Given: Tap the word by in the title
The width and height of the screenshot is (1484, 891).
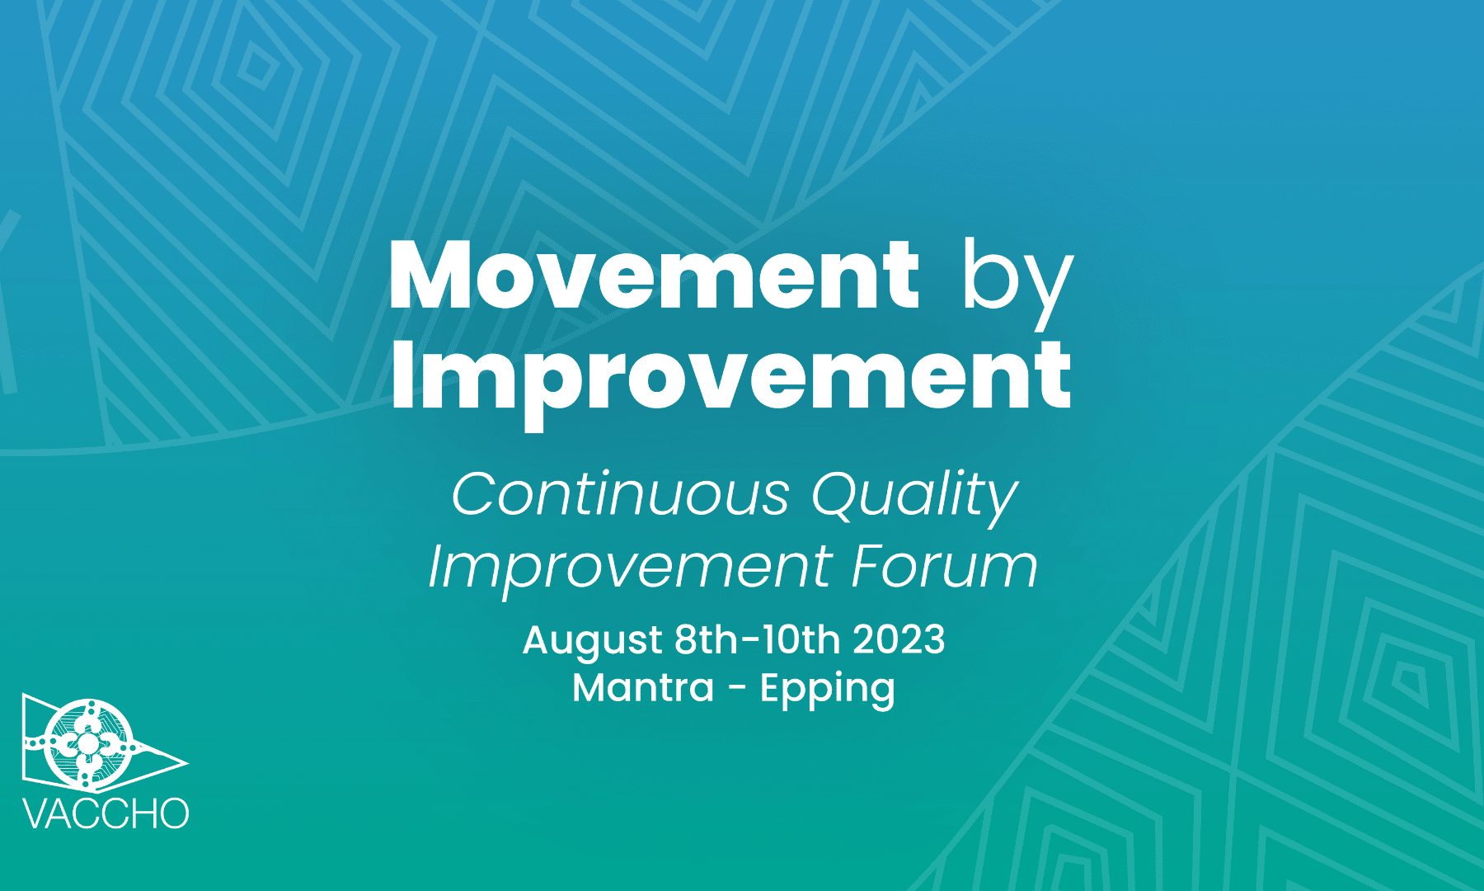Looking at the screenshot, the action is coord(1018,283).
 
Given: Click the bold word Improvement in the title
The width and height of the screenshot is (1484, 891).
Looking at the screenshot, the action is coord(731,380).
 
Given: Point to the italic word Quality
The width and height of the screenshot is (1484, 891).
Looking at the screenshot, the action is coord(915,497).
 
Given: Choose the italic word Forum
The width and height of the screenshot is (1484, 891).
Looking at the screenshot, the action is coord(945,567).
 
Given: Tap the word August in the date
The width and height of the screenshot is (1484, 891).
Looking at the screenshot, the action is coord(593,642).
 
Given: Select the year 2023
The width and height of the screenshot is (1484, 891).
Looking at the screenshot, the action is coord(899,640).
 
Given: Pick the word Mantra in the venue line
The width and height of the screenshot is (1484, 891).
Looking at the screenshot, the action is coord(643,688).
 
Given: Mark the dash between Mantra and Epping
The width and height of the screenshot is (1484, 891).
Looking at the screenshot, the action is coord(737,690).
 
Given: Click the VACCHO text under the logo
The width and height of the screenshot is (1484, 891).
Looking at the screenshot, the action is coord(106,813).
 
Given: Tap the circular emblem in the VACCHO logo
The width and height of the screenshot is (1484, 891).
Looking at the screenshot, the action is coord(87,743).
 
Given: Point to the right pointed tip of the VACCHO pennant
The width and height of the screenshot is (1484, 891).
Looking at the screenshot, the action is coord(188,762).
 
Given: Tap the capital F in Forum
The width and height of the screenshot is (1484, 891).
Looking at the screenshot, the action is coord(869,567).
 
